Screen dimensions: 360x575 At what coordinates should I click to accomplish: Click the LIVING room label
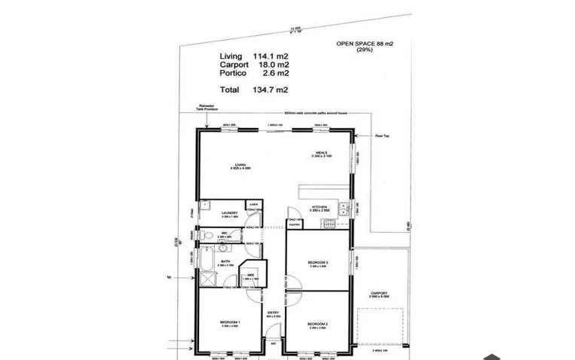click(x=241, y=164)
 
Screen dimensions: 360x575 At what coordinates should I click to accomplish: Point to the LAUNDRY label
click(x=230, y=213)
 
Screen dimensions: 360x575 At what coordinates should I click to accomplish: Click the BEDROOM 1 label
click(x=230, y=322)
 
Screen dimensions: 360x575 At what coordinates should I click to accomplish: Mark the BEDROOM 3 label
click(x=317, y=261)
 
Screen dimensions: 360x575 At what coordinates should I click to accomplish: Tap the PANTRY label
click(x=295, y=224)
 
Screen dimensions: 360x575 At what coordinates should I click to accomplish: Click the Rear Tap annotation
click(x=381, y=136)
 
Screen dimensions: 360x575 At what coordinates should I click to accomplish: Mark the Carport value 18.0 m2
click(x=273, y=65)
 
